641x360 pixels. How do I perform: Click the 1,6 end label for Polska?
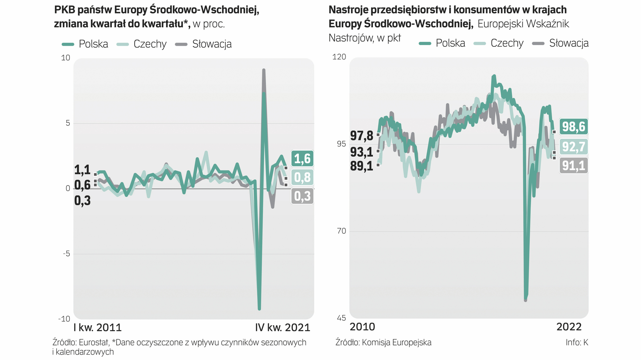point(302,159)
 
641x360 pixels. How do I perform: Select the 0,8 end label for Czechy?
point(302,177)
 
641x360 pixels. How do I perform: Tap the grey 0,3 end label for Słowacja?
point(302,196)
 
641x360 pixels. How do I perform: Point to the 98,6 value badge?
point(574,127)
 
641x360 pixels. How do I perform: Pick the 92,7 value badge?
point(574,146)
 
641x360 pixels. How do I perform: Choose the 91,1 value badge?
point(574,165)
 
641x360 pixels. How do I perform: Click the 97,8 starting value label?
point(362,136)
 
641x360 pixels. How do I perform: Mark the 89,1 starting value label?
point(362,166)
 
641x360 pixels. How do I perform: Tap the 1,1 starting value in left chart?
point(82,170)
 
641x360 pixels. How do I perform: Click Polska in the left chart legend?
point(93,44)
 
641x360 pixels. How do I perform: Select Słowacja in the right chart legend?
point(569,43)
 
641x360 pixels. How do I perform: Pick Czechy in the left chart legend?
point(150,44)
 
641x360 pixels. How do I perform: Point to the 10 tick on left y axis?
point(66,58)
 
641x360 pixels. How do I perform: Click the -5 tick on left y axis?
point(67,254)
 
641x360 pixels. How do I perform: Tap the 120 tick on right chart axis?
point(339,57)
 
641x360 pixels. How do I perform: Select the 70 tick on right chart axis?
point(341,231)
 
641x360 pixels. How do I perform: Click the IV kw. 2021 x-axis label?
point(282,328)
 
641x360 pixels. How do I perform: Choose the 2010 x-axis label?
point(362,327)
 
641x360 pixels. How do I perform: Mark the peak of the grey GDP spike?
point(264,70)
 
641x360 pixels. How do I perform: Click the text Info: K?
point(577,342)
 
